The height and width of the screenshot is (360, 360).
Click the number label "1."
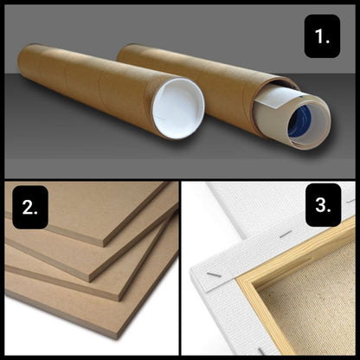(x=322, y=36)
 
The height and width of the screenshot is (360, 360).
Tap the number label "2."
(x=30, y=207)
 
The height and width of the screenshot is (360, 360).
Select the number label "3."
(x=323, y=205)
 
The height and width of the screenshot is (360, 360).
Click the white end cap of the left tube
(x=178, y=108)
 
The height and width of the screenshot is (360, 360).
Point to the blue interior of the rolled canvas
(x=300, y=121)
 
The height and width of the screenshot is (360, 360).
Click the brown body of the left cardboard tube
(x=87, y=84)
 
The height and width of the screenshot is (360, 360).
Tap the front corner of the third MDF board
(x=119, y=299)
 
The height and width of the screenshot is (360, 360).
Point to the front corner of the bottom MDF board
(x=116, y=337)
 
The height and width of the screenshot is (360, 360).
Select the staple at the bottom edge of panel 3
(x=261, y=351)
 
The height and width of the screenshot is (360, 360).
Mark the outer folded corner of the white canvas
(x=193, y=270)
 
